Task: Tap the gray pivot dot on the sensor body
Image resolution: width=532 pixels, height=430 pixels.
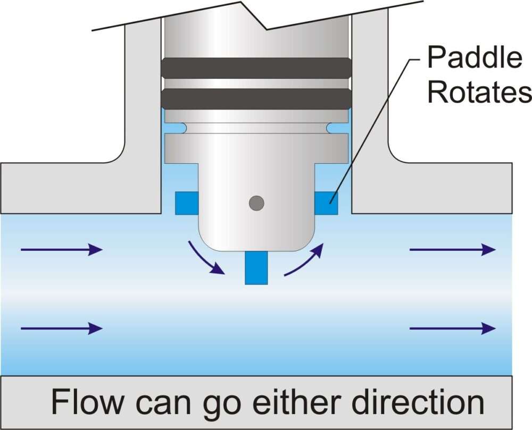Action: point(256,202)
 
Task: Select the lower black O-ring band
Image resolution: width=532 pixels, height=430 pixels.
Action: point(256,98)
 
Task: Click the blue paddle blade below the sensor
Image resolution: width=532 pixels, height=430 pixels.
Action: point(256,268)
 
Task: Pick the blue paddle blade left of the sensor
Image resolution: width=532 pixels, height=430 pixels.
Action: point(186,203)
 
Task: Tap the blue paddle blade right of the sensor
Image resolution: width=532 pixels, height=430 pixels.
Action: point(326,203)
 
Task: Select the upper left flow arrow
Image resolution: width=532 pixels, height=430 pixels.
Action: point(61,249)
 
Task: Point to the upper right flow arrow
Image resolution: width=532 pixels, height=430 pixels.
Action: point(452,249)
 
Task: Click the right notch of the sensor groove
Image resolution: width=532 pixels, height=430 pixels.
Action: point(331,128)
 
